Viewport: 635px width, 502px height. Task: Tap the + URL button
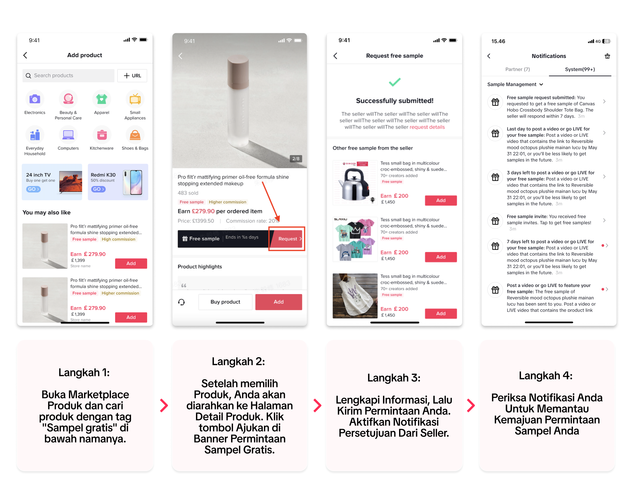[x=132, y=75]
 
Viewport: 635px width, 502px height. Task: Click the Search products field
[x=68, y=75]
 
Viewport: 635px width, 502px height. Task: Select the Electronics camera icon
[x=35, y=99]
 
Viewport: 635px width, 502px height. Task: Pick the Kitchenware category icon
[x=102, y=135]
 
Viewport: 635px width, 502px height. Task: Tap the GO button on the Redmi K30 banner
[x=98, y=189]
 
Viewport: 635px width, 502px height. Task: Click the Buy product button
[x=225, y=302]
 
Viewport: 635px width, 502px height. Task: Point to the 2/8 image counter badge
[x=296, y=159]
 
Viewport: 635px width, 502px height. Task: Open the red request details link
[x=427, y=127]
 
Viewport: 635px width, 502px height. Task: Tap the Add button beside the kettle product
[x=441, y=200]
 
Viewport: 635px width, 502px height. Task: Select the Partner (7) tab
[x=517, y=69]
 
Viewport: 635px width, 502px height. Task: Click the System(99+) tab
[x=580, y=69]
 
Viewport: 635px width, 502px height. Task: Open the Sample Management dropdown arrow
[x=541, y=85]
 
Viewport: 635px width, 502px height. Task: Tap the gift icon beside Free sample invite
[x=495, y=221]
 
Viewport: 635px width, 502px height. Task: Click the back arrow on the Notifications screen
[x=489, y=56]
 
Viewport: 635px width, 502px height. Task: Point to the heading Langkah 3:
[x=394, y=378]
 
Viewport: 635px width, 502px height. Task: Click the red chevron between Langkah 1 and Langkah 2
[x=164, y=406]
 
